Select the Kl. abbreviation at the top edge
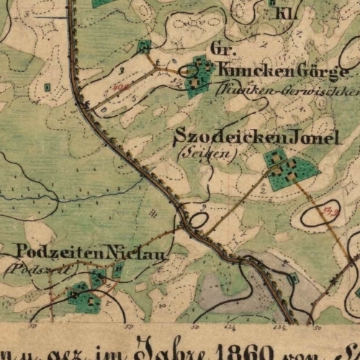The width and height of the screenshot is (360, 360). pyautogui.click(x=279, y=13)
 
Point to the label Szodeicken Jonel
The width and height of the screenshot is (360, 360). pyautogui.click(x=256, y=137)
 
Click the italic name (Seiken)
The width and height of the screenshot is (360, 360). pyautogui.click(x=196, y=153)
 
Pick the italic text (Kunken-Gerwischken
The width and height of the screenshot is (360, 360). pyautogui.click(x=288, y=91)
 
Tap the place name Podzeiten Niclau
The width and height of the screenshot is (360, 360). pyautogui.click(x=91, y=253)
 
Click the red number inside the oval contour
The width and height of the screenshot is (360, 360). pyautogui.click(x=332, y=210)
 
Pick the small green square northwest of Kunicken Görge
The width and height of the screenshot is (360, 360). pyautogui.click(x=144, y=47)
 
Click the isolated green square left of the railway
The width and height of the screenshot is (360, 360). pyautogui.click(x=48, y=87)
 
